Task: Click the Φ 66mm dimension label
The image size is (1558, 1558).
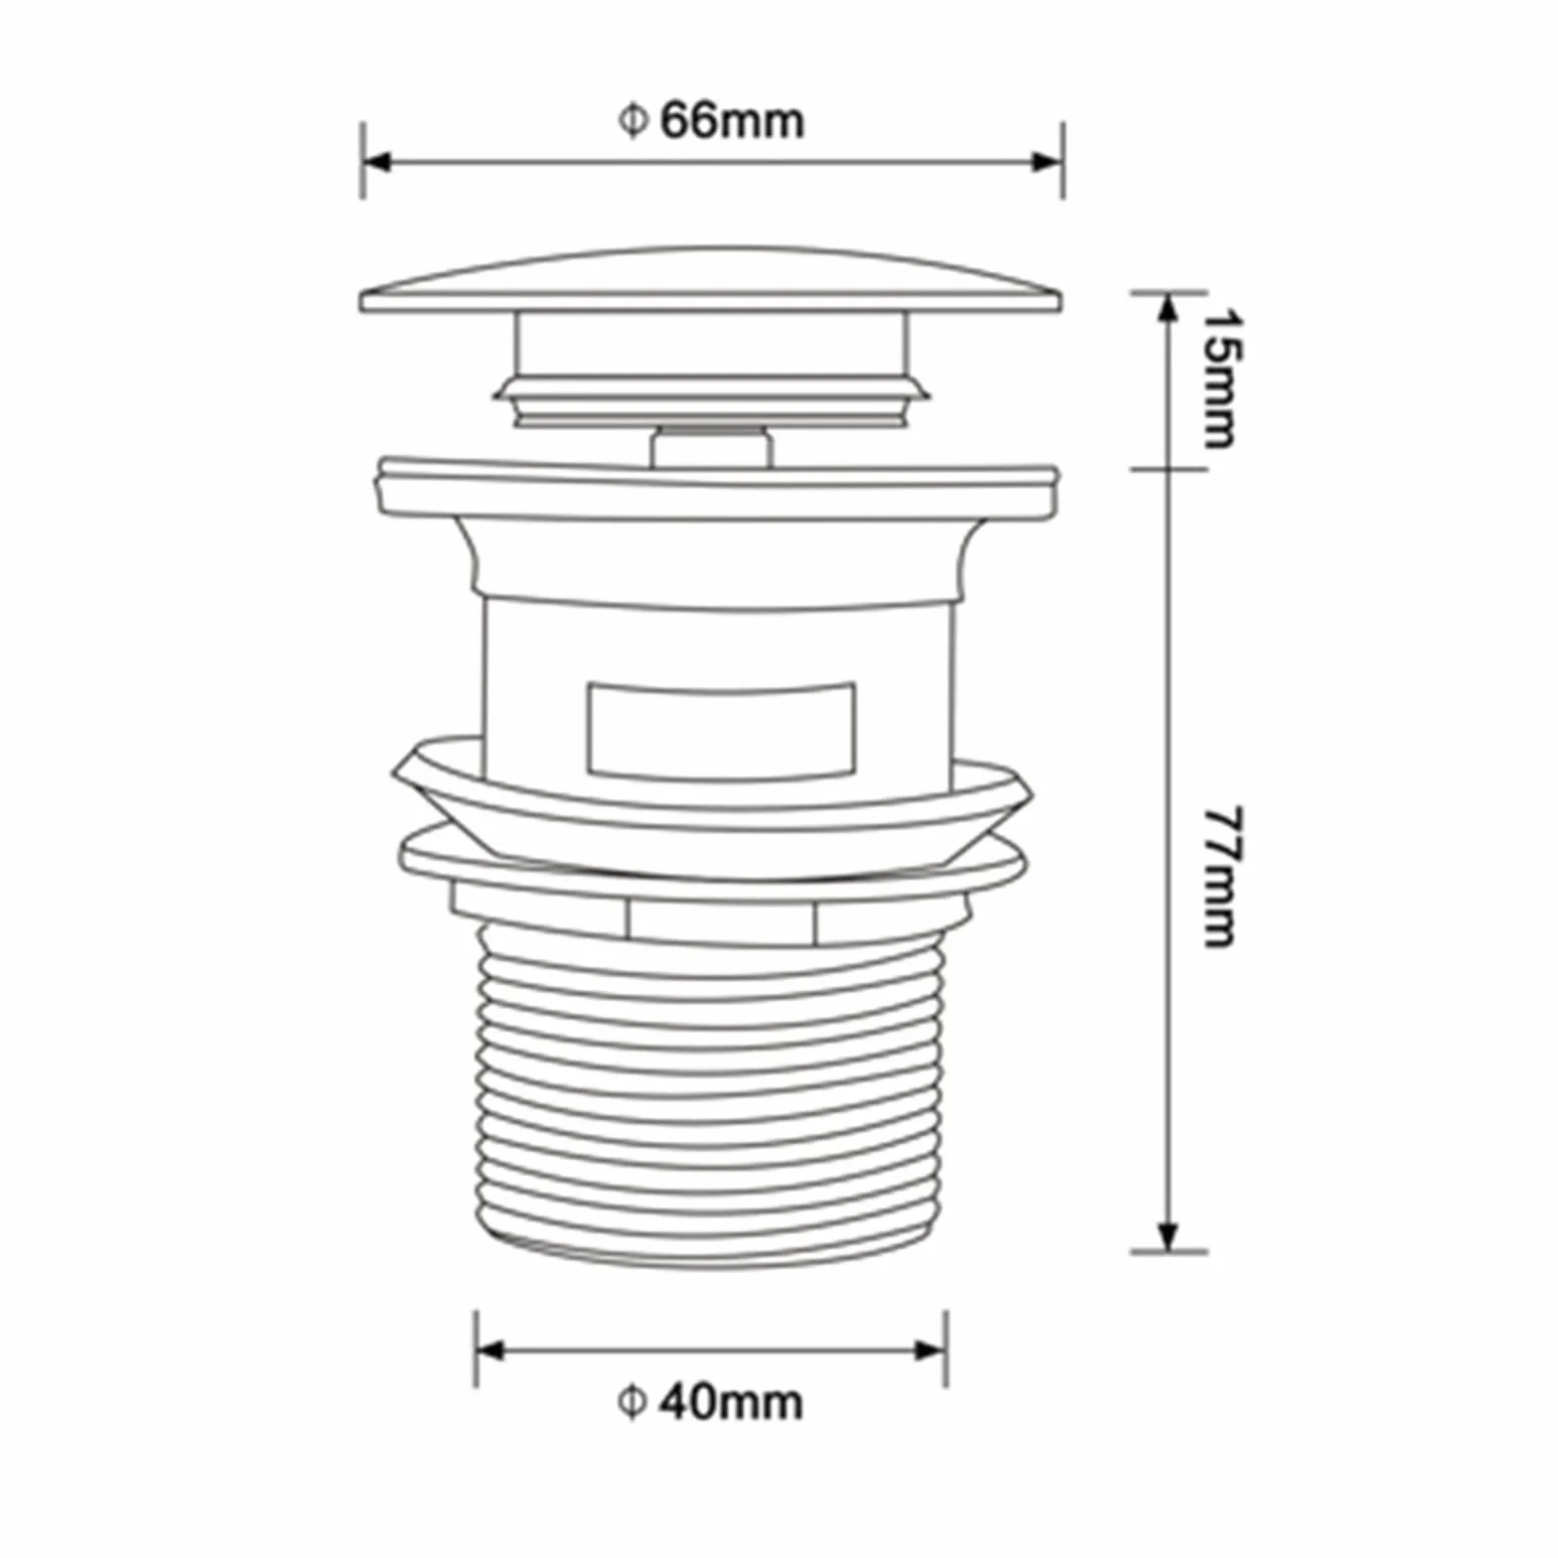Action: [x=710, y=121]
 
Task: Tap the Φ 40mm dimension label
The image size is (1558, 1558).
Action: [x=710, y=1402]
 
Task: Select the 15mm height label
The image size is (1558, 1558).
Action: [x=1220, y=378]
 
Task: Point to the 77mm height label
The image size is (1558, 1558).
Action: [x=1220, y=876]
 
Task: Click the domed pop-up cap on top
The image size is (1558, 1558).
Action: [x=711, y=280]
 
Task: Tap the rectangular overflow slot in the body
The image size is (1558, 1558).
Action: [x=720, y=730]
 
